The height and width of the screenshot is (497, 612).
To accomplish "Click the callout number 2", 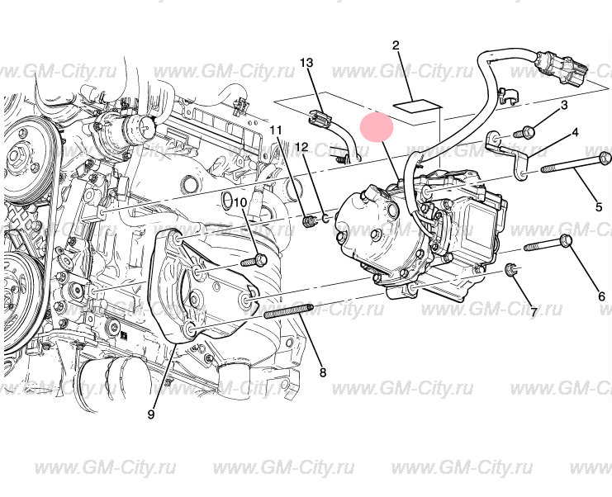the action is [x=396, y=45].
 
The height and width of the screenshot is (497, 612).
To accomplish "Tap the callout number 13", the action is [x=306, y=63].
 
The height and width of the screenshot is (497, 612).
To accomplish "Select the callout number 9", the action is [x=151, y=414].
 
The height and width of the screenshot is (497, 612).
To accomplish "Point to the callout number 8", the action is [x=322, y=372].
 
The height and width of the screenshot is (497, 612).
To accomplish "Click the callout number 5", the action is [x=599, y=206].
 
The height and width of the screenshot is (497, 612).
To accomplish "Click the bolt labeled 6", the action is [x=548, y=244].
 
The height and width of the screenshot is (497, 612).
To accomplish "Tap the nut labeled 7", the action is [x=512, y=269].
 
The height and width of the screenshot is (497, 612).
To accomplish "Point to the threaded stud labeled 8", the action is [x=289, y=311].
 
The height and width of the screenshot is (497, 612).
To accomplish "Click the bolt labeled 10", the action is [x=254, y=260].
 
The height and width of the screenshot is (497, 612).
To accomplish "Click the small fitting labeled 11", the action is [x=310, y=221].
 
